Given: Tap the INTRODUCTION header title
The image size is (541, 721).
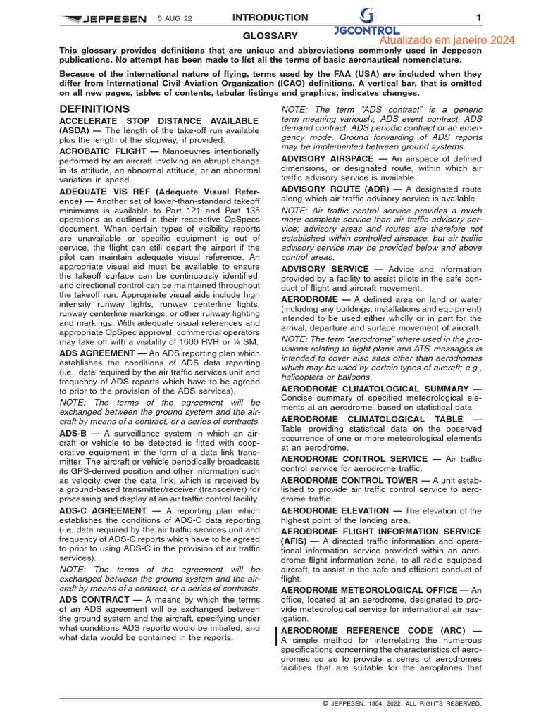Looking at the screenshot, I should point(270,18).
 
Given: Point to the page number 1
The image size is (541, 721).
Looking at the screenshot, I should point(478,18).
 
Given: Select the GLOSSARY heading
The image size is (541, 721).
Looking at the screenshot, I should point(270,35).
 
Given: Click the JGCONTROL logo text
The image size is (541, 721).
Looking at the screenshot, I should point(367,31).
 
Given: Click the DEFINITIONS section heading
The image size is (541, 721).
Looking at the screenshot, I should point(94,109).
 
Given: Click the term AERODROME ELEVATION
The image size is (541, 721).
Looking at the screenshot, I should point(335,510).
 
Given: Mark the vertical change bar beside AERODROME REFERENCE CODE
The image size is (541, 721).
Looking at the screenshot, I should point(275,636).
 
